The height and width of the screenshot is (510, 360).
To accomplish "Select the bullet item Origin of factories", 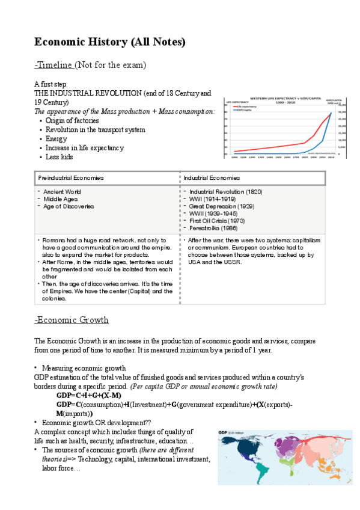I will [x=74, y=120].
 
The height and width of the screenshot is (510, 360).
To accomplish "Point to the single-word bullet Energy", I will [x=56, y=138].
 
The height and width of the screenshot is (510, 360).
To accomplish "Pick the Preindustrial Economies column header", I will [x=71, y=178].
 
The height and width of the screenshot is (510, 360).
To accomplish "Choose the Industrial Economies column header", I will [x=212, y=178].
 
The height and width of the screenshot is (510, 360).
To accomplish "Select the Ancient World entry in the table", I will [x=62, y=192].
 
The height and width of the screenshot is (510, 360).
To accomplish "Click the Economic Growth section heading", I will [x=72, y=319].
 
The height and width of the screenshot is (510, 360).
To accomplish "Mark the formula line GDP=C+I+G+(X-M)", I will [x=89, y=395].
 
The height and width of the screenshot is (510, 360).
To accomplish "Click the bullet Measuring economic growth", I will [x=84, y=367].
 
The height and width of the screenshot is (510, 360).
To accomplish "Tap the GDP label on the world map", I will [x=223, y=432].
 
